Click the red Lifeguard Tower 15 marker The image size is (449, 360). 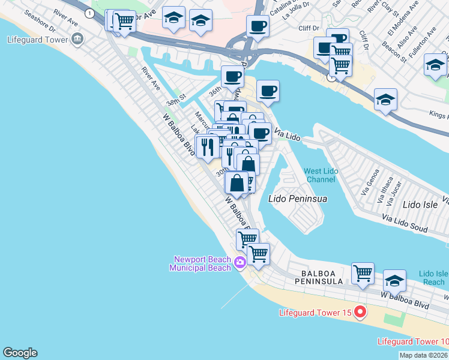tap(360, 312)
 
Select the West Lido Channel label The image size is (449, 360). tap(321, 175)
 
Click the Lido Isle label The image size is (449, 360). tap(420, 205)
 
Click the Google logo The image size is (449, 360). tap(20, 353)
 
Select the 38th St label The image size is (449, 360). tap(175, 102)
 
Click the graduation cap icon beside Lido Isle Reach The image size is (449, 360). tap(394, 280)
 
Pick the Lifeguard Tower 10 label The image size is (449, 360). tap(412, 341)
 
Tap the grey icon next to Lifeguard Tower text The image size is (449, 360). tap(76, 40)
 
